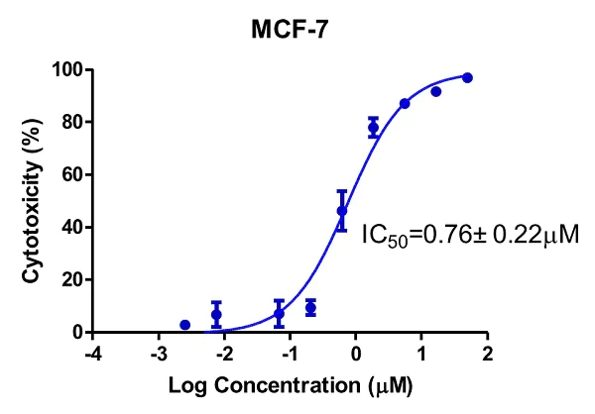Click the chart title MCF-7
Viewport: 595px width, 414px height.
pos(288,33)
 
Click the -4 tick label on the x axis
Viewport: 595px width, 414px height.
pos(92,354)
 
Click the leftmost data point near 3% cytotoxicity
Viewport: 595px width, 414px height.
pos(184,325)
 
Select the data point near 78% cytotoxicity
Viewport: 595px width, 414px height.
pos(374,128)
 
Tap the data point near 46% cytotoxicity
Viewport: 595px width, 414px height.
pos(342,211)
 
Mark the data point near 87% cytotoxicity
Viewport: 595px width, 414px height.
pos(405,104)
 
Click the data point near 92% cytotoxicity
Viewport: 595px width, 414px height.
pos(435,91)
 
